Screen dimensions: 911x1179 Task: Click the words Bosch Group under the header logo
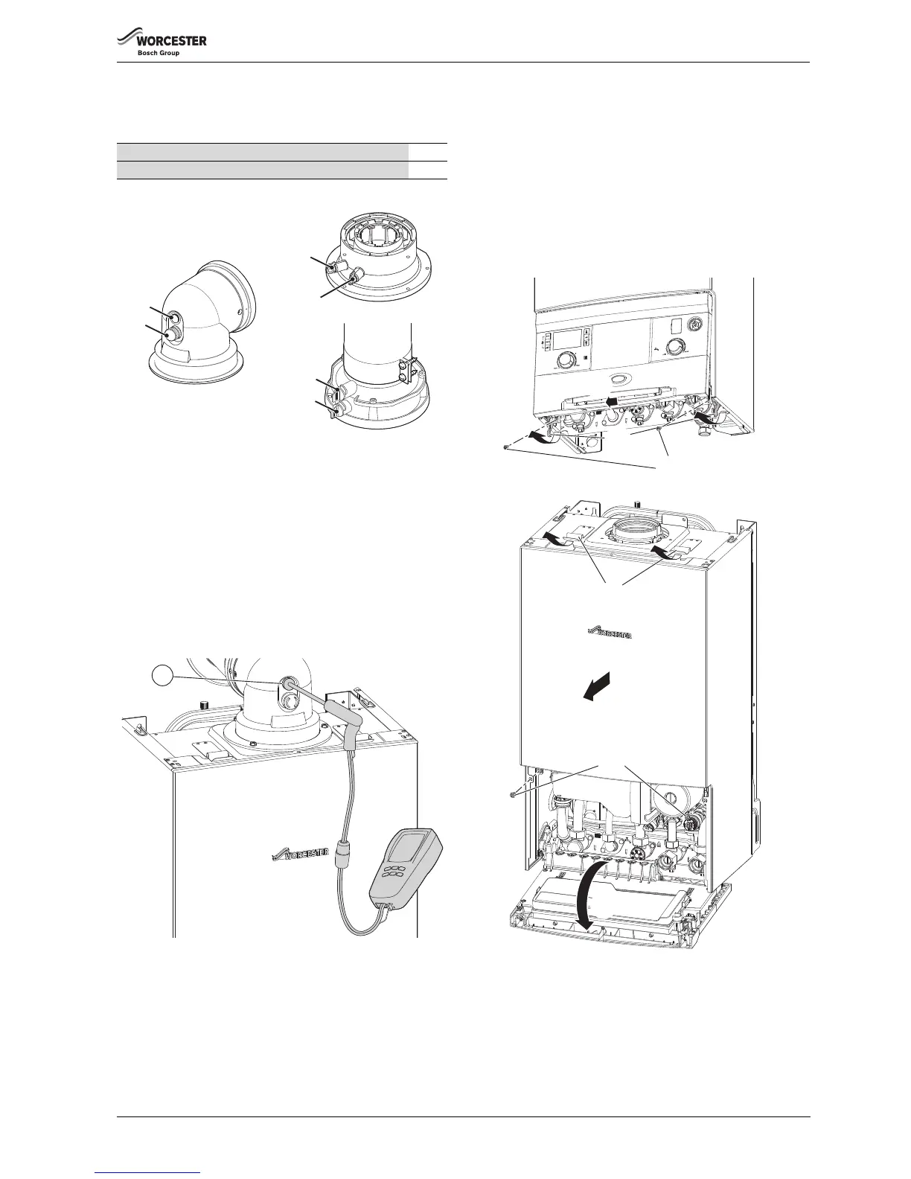(159, 54)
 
